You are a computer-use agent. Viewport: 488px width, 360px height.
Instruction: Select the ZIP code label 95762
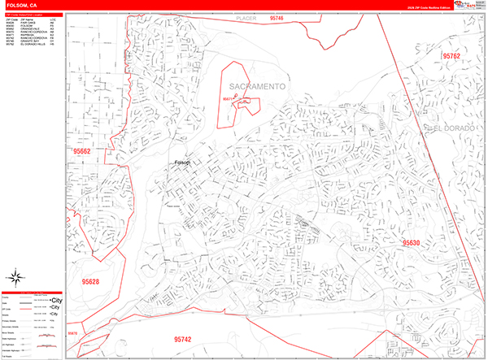tap(451, 55)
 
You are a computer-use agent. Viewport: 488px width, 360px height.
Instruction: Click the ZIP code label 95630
tap(410, 242)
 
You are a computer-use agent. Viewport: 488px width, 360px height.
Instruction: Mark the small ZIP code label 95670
tap(72, 333)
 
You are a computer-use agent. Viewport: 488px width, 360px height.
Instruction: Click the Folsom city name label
tap(182, 163)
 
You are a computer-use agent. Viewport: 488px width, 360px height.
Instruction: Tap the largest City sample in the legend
tap(57, 300)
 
